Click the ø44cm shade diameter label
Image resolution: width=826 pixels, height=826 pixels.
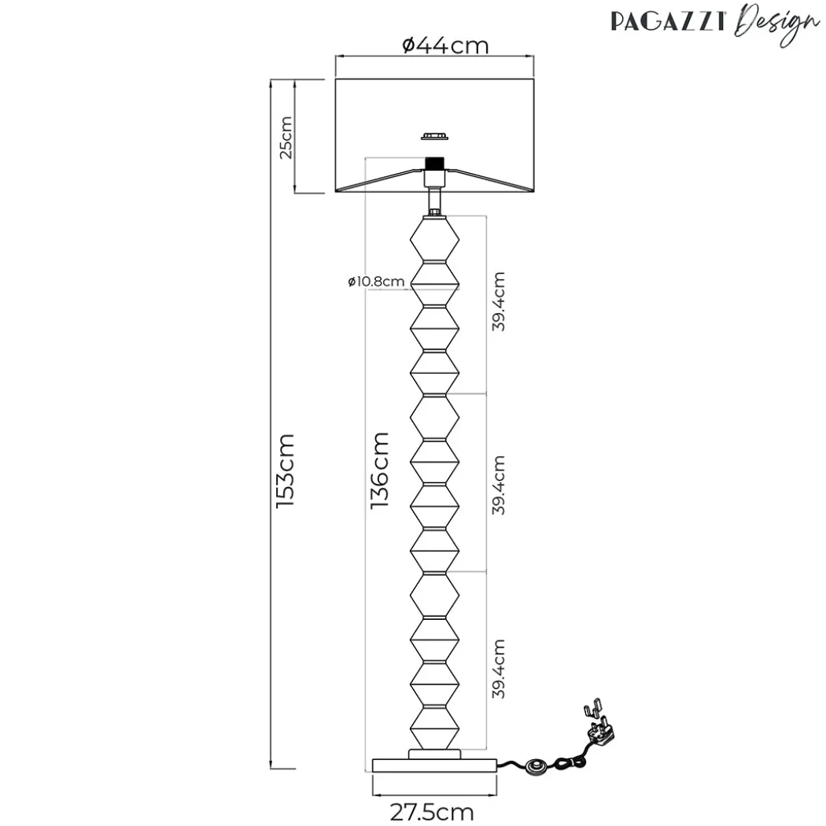(445, 46)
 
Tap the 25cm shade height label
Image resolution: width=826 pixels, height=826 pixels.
(286, 138)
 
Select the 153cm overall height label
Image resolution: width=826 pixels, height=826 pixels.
(286, 470)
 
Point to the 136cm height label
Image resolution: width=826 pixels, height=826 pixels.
(379, 470)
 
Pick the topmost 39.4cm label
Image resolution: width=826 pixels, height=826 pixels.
(498, 301)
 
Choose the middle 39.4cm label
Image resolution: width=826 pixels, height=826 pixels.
(498, 485)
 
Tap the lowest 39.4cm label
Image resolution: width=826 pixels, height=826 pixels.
(498, 669)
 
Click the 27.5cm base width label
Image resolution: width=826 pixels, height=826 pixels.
(432, 811)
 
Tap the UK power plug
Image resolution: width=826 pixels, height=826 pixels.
(599, 723)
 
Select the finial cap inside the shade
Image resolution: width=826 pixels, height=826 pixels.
(435, 136)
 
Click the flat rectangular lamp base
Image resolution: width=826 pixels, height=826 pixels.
(434, 765)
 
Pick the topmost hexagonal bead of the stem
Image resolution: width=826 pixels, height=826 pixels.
(434, 239)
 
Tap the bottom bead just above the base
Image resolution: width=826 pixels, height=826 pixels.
(434, 728)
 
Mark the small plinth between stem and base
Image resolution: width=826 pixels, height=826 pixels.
(434, 754)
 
